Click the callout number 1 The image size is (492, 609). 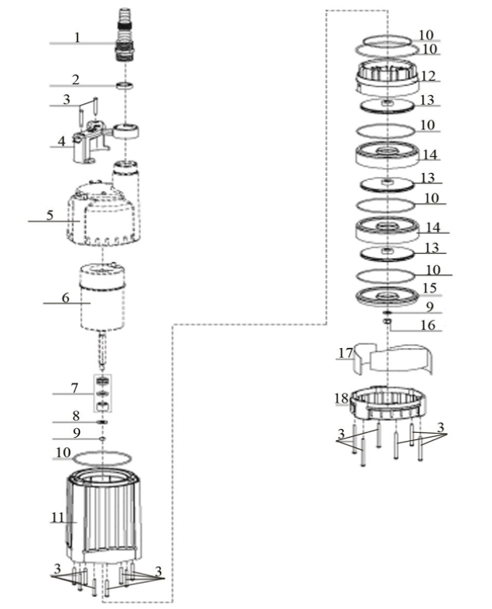(78, 38)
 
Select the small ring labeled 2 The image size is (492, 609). (125, 85)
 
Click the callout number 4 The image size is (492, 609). (62, 141)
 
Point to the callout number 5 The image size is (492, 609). (50, 215)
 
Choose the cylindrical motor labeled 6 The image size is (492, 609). (103, 297)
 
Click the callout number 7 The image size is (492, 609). (75, 388)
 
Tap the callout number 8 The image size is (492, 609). (76, 416)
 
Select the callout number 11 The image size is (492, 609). (57, 517)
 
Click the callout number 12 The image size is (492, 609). (429, 76)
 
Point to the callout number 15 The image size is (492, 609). (430, 288)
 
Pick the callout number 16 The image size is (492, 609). (428, 325)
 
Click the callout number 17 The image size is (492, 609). (345, 353)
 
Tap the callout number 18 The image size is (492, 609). (341, 399)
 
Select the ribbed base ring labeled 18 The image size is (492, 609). (388, 402)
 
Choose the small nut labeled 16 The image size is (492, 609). (386, 321)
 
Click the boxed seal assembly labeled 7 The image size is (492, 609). (103, 393)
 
